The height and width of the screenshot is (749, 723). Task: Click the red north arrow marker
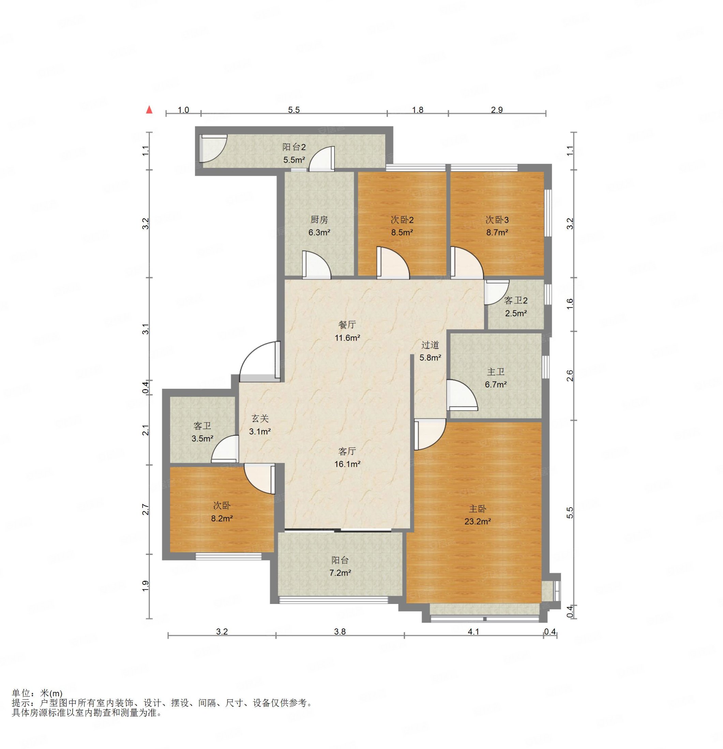coord(149,110)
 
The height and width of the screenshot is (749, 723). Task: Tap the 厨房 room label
coord(319,220)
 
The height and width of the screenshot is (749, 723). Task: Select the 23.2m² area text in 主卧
coord(478,521)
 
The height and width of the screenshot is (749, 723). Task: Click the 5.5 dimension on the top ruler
coord(294,110)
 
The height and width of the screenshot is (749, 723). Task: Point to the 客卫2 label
coord(515,300)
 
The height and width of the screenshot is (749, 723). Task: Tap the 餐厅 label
coord(347,325)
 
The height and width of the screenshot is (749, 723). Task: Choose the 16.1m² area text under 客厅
coord(347,464)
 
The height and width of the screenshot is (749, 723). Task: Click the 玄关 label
coord(260,418)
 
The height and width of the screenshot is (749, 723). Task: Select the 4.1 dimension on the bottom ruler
coord(473,632)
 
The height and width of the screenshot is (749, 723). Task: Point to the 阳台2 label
coord(294,147)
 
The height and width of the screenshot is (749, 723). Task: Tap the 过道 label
coord(430,345)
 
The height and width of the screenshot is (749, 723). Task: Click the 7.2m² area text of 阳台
coord(340,573)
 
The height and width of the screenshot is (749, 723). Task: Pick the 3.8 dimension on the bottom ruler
coord(340,632)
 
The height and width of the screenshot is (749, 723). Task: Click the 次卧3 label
coord(497,220)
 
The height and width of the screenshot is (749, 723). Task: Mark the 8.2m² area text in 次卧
coord(222,518)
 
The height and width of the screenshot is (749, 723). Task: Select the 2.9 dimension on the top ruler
coord(497,110)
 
